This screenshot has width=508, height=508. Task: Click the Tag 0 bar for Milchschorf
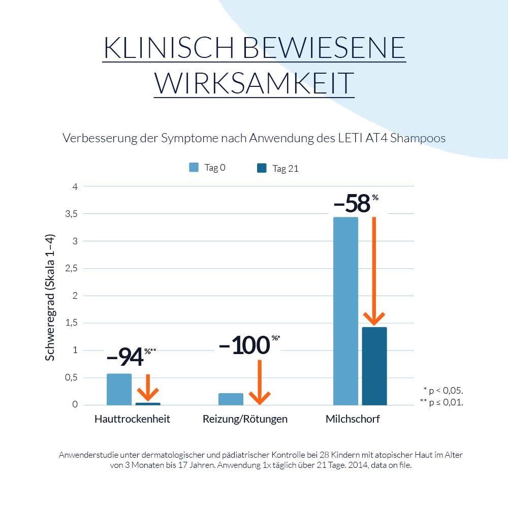[345, 311]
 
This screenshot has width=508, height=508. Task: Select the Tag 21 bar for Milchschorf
[374, 366]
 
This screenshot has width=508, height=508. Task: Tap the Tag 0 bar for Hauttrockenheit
[119, 389]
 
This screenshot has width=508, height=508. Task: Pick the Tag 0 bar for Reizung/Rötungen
[231, 399]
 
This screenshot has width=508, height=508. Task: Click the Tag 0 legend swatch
[194, 168]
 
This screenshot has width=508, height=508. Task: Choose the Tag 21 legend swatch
[262, 168]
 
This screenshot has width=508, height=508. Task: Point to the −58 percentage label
[352, 204]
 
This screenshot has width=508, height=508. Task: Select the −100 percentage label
[244, 345]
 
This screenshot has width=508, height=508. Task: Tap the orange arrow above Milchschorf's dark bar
[374, 272]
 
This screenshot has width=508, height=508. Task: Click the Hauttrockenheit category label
[132, 419]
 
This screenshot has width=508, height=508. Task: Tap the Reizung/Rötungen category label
[245, 419]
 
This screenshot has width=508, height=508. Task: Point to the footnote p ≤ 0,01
[442, 402]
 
